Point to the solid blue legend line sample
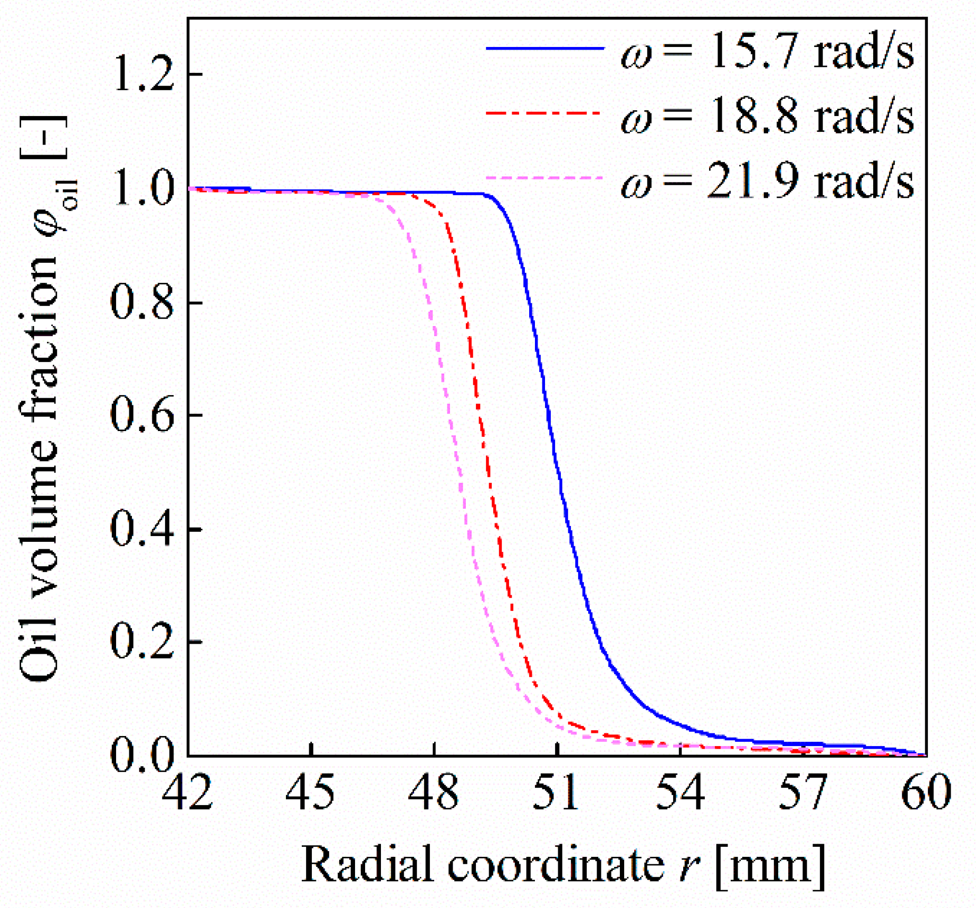(544, 49)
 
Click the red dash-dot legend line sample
(543, 113)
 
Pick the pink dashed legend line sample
(543, 178)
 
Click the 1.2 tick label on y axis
(143, 75)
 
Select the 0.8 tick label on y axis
(142, 303)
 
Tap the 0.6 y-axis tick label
(142, 416)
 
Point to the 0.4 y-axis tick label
(142, 529)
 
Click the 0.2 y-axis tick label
(142, 643)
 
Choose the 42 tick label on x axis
(187, 792)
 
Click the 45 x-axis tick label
(311, 792)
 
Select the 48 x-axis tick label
(434, 792)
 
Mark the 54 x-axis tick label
(680, 792)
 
